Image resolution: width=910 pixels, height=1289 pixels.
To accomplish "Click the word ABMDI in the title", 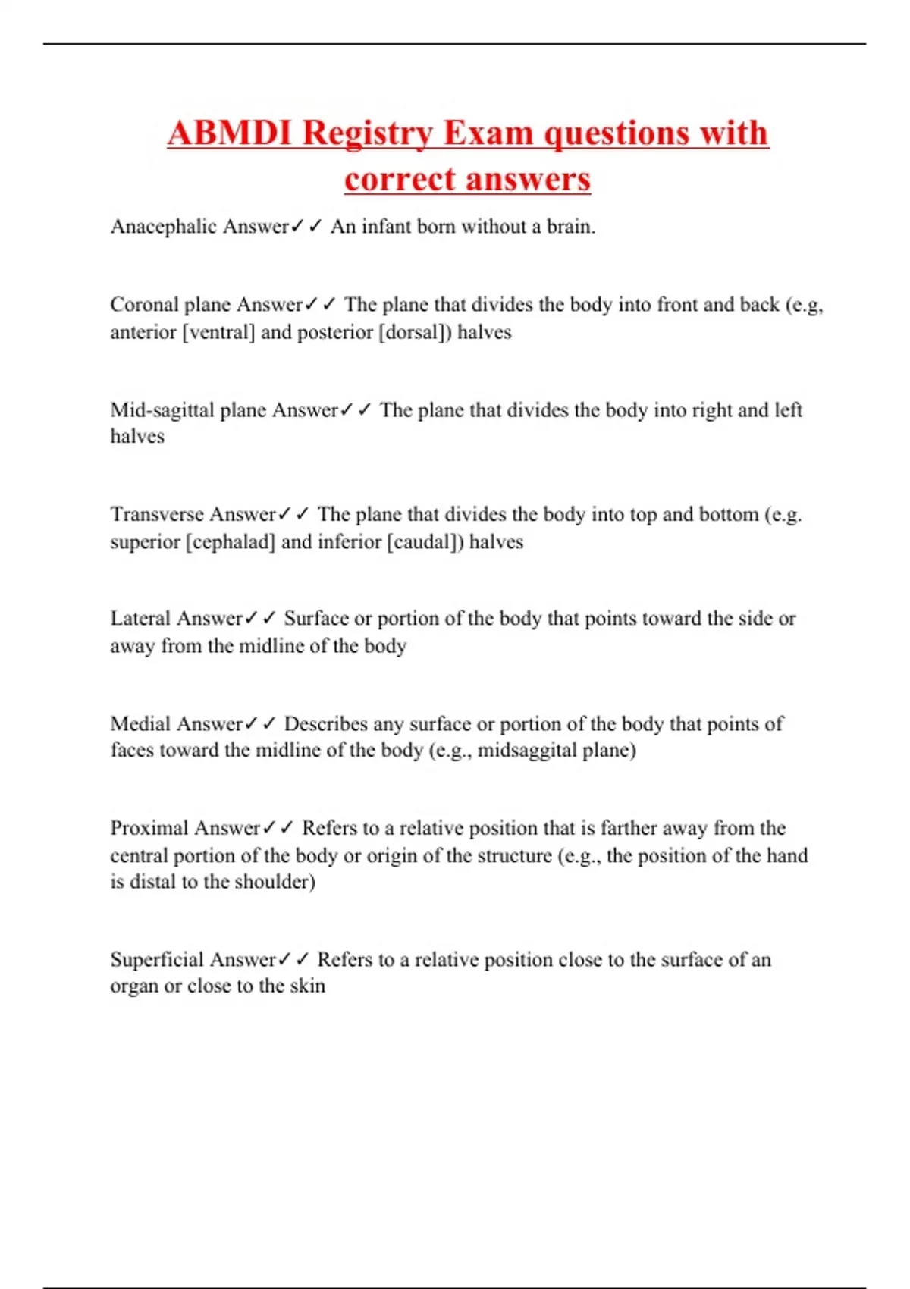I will (230, 133).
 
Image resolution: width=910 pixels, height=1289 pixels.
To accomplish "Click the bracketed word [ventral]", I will (218, 332).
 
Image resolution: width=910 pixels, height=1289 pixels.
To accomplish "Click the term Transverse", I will (157, 514).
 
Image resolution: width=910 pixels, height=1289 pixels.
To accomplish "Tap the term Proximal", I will (146, 828).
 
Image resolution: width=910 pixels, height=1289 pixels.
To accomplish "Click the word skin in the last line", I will (307, 986).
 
